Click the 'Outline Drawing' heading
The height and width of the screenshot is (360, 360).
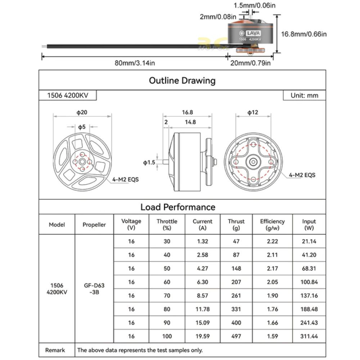pyautogui.click(x=182, y=81)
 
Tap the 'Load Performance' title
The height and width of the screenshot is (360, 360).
pyautogui.click(x=178, y=207)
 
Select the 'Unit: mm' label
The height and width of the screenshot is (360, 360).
pyautogui.click(x=305, y=95)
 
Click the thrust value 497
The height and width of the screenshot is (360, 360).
pyautogui.click(x=236, y=336)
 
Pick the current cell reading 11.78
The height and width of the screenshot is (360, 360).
pyautogui.click(x=202, y=309)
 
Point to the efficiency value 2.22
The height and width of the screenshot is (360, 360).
pyautogui.click(x=272, y=241)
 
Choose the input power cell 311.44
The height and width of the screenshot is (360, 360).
pyautogui.click(x=309, y=336)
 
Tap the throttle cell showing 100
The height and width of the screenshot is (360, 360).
pyautogui.click(x=167, y=336)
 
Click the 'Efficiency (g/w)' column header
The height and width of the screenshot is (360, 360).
pyautogui.click(x=272, y=225)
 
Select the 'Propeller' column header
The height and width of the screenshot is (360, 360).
pyautogui.click(x=94, y=225)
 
